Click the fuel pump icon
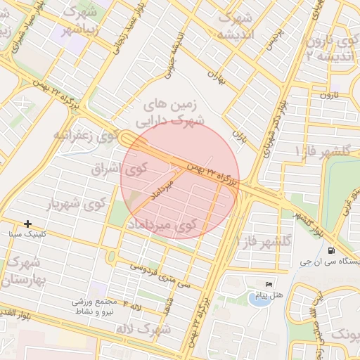(330, 250)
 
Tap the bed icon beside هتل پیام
(269, 284)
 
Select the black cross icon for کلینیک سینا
(27, 224)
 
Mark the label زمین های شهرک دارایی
(172, 112)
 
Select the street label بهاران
(216, 77)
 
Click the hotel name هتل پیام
(270, 295)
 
